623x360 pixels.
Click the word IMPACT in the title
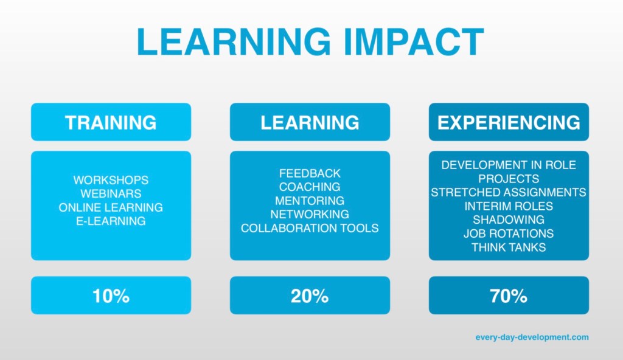[414, 42]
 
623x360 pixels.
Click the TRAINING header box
[111, 122]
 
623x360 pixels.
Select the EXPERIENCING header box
[509, 122]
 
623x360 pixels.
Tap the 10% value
[111, 296]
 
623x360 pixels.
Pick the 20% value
[310, 296]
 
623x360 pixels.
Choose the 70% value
[509, 296]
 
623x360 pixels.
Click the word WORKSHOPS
[111, 180]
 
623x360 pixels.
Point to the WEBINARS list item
[111, 193]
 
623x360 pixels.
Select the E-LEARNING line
[111, 221]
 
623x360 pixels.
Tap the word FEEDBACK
[310, 173]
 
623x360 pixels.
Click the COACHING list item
[310, 187]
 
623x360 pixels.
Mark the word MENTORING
[310, 201]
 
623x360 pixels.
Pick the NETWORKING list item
[310, 214]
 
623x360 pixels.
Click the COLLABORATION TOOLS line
[310, 228]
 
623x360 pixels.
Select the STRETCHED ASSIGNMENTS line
[509, 192]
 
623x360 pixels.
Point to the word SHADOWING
[509, 220]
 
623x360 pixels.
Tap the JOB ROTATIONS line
[509, 234]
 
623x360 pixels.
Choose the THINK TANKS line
[509, 247]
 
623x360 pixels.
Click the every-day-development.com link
[532, 337]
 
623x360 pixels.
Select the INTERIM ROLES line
[509, 206]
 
